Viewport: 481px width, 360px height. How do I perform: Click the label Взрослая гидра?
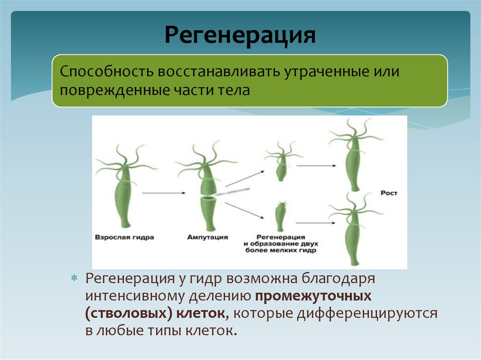coord(124,237)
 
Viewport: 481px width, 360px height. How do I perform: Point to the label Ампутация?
coord(207,237)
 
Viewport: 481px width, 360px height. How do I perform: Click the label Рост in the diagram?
coord(389,193)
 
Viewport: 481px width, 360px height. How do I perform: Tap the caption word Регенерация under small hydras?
coord(281,237)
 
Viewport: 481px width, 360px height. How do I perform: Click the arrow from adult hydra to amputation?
coord(162,192)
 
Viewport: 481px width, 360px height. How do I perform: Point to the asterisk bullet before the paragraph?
coord(74,279)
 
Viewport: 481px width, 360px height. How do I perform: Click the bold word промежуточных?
coord(313,297)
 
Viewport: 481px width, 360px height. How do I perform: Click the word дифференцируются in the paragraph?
coord(367,314)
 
